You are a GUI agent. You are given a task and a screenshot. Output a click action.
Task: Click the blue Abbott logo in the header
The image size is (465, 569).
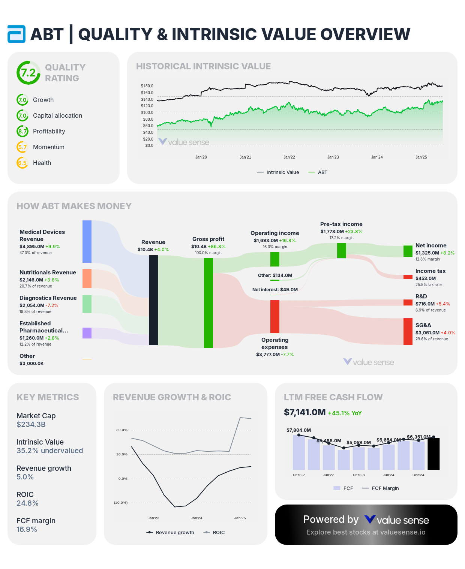pos(16,34)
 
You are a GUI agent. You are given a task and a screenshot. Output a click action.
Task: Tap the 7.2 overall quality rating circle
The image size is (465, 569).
pos(28,73)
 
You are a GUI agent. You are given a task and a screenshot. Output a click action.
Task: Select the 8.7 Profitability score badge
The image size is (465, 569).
pos(22,131)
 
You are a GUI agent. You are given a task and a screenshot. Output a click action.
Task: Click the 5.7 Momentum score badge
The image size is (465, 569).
pos(22,147)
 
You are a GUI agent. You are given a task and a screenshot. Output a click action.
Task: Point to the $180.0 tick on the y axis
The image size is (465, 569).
pos(147,86)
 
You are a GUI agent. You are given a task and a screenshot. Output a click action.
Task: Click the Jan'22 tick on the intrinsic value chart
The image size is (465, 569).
pos(289,157)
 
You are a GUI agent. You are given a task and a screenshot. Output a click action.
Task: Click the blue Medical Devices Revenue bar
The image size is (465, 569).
pos(87,241)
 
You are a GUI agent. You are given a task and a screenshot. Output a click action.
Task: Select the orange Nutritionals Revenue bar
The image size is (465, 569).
pos(87,279)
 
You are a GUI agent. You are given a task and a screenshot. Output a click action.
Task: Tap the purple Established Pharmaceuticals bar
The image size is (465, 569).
pos(87,333)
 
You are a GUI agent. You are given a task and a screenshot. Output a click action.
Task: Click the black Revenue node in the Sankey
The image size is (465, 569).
pos(153,300)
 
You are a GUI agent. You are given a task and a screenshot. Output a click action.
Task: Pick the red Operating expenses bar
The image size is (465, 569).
pos(275,316)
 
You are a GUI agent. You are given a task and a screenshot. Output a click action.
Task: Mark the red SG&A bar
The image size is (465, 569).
pos(408,331)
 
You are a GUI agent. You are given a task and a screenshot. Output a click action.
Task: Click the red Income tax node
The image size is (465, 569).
pos(408,277)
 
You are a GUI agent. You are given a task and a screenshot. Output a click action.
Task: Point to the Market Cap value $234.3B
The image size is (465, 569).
pos(31,424)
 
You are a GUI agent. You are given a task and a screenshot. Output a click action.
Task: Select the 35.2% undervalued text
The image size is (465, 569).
pos(49,451)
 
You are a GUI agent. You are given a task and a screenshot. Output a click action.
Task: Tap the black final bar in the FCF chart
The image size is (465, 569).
pos(433,454)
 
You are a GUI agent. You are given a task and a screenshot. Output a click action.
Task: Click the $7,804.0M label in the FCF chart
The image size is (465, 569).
pos(298,430)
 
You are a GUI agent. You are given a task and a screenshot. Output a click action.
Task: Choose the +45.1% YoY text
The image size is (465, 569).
pos(345,413)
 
